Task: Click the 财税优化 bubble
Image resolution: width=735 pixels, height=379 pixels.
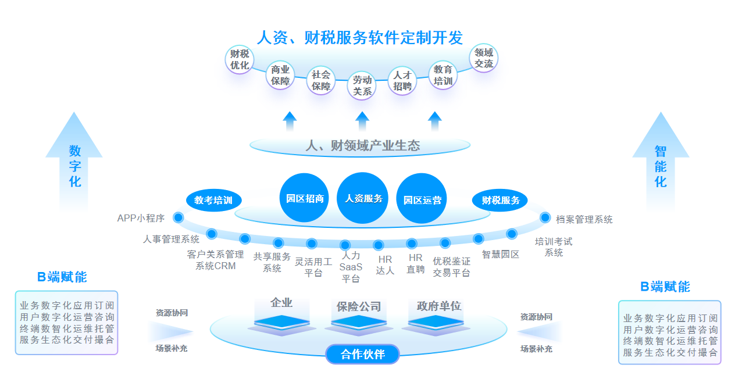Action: click(240, 59)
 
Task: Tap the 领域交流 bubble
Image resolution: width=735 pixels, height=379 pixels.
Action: click(483, 58)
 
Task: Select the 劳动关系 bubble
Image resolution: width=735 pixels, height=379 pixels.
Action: click(362, 86)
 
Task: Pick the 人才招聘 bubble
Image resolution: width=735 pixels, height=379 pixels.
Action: click(402, 81)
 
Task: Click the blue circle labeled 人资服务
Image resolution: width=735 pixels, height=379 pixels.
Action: click(363, 198)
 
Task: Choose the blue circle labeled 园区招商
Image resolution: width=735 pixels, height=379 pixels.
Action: click(305, 198)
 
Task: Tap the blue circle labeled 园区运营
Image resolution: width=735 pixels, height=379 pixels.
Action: click(422, 199)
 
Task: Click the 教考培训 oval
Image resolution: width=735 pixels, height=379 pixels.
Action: click(213, 201)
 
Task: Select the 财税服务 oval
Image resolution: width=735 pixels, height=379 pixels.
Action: click(500, 201)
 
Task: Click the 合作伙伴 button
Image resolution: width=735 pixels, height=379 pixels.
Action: click(363, 354)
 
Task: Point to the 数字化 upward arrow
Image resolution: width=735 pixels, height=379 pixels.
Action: click(74, 163)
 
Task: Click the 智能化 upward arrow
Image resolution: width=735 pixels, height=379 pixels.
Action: click(661, 163)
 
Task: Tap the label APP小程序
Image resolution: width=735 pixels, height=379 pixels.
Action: click(141, 219)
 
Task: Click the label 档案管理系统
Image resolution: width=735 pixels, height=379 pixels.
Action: click(584, 220)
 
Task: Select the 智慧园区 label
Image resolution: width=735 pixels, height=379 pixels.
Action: click(500, 254)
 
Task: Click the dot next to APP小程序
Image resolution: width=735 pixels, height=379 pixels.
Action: click(179, 218)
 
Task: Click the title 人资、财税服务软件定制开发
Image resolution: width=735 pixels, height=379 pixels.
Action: click(360, 38)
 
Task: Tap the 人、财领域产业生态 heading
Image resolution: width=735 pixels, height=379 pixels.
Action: click(362, 145)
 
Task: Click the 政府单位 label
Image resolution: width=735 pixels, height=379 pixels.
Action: click(439, 306)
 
